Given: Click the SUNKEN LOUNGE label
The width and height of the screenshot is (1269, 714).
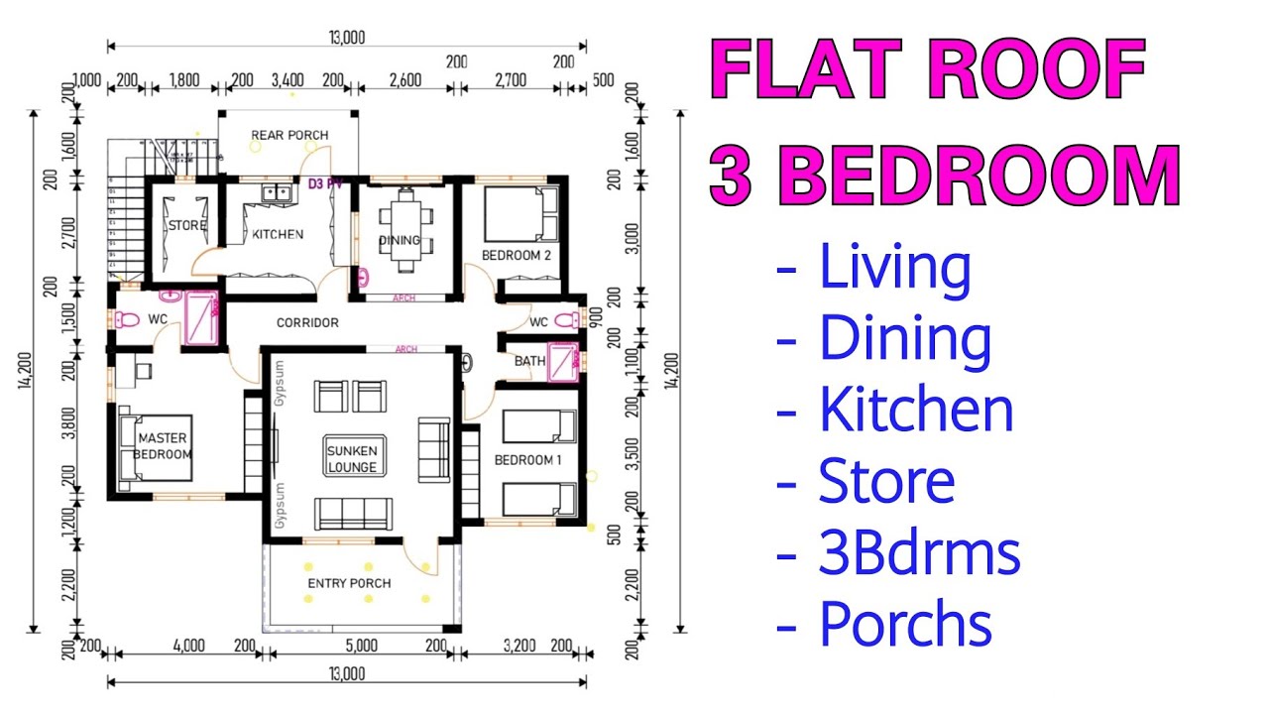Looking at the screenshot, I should click(352, 458).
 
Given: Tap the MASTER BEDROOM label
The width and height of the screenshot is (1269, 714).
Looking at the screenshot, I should click(163, 446).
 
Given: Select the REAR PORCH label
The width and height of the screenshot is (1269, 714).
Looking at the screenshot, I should click(289, 135).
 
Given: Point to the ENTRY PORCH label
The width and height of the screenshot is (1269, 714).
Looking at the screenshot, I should click(349, 583).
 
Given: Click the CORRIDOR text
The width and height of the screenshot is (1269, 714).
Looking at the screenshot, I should click(307, 322).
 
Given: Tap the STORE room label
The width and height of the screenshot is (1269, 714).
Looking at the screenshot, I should click(186, 225).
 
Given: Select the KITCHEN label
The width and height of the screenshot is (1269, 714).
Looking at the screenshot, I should click(278, 235).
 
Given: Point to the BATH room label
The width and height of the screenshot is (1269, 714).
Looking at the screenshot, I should click(529, 361).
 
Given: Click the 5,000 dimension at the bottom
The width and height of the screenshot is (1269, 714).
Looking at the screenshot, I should click(361, 646).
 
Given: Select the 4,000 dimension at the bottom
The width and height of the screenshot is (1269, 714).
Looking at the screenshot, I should click(188, 646).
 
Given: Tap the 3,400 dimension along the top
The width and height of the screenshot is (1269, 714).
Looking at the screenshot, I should click(287, 80).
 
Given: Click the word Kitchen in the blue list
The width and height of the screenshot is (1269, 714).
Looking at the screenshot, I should click(915, 410).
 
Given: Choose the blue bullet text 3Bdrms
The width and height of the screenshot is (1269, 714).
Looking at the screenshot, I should click(918, 553).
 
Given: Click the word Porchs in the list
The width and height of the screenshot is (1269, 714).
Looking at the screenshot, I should click(904, 625).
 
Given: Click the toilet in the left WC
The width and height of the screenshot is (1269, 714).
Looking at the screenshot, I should click(126, 320).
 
